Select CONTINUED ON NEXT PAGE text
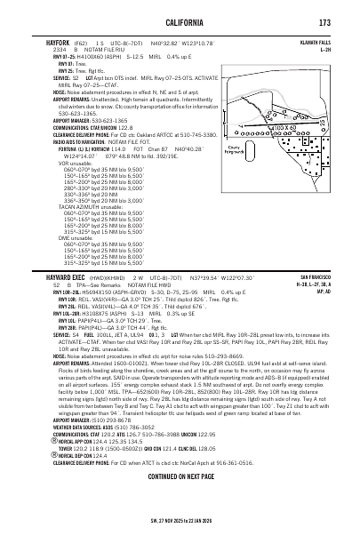[180, 500]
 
